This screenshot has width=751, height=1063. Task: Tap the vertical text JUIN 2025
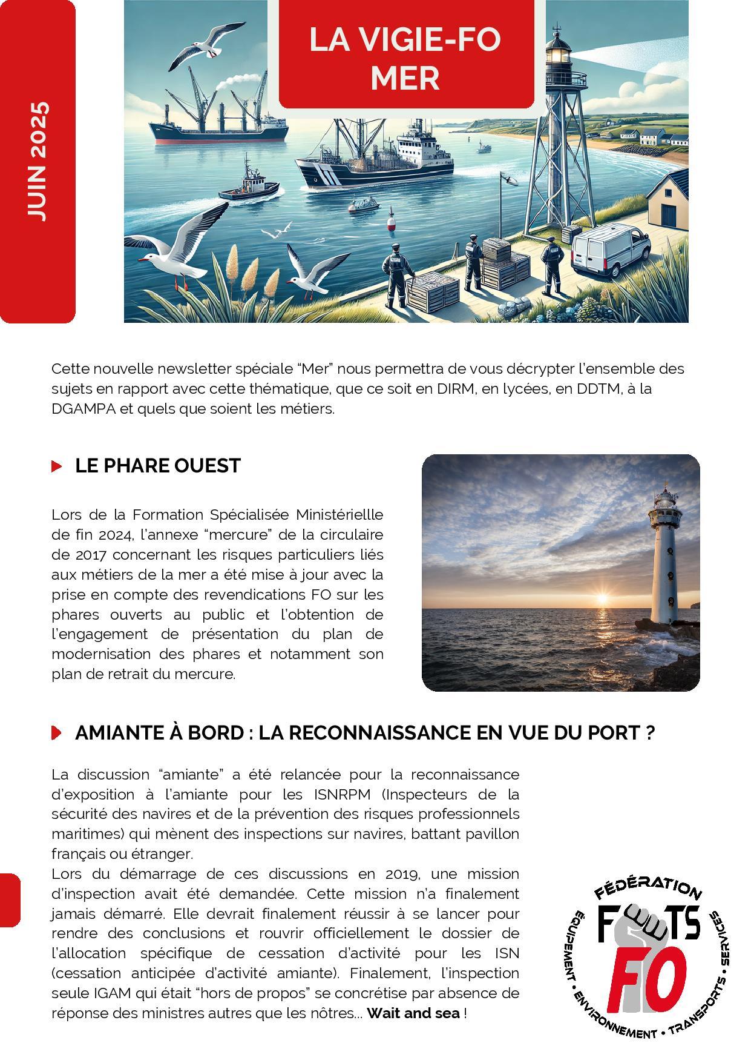[x=38, y=161]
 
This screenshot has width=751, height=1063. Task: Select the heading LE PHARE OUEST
[x=157, y=466]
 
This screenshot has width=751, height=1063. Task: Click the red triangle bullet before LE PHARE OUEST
[x=57, y=466]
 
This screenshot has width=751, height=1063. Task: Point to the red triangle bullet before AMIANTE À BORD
[x=57, y=732]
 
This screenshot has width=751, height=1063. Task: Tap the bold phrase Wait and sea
[x=413, y=1013]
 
